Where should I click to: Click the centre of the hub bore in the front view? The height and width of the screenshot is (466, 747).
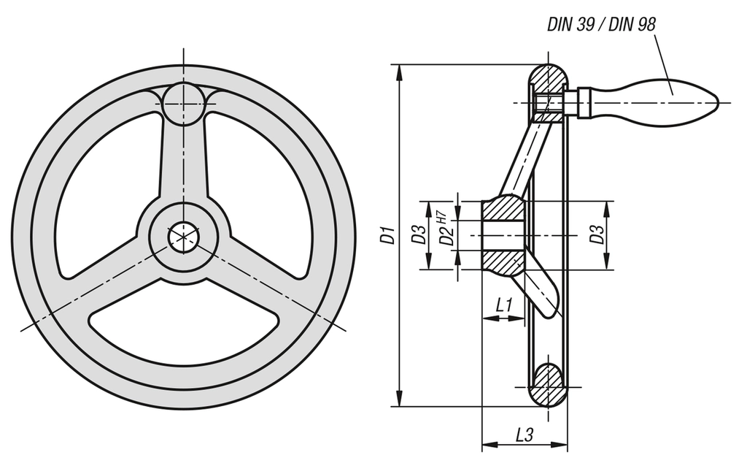pyautogui.click(x=183, y=237)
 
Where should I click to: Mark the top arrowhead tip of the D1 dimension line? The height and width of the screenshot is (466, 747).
pyautogui.click(x=399, y=64)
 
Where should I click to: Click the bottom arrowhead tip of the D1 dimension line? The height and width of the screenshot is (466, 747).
pyautogui.click(x=399, y=407)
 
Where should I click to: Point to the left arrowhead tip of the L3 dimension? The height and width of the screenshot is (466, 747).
pyautogui.click(x=482, y=445)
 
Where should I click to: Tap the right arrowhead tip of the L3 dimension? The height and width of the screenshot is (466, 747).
pyautogui.click(x=568, y=445)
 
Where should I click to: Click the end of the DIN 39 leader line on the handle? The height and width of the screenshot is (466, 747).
pyautogui.click(x=672, y=94)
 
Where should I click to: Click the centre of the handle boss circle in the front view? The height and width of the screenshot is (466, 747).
pyautogui.click(x=183, y=103)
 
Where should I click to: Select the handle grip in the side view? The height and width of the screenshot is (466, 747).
pyautogui.click(x=649, y=102)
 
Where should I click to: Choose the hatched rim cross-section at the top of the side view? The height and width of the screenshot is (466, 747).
pyautogui.click(x=549, y=83)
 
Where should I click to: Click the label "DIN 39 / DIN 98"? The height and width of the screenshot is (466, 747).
pyautogui.click(x=601, y=24)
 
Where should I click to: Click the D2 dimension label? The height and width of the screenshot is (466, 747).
pyautogui.click(x=446, y=236)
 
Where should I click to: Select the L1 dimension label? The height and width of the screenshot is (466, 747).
pyautogui.click(x=503, y=305)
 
